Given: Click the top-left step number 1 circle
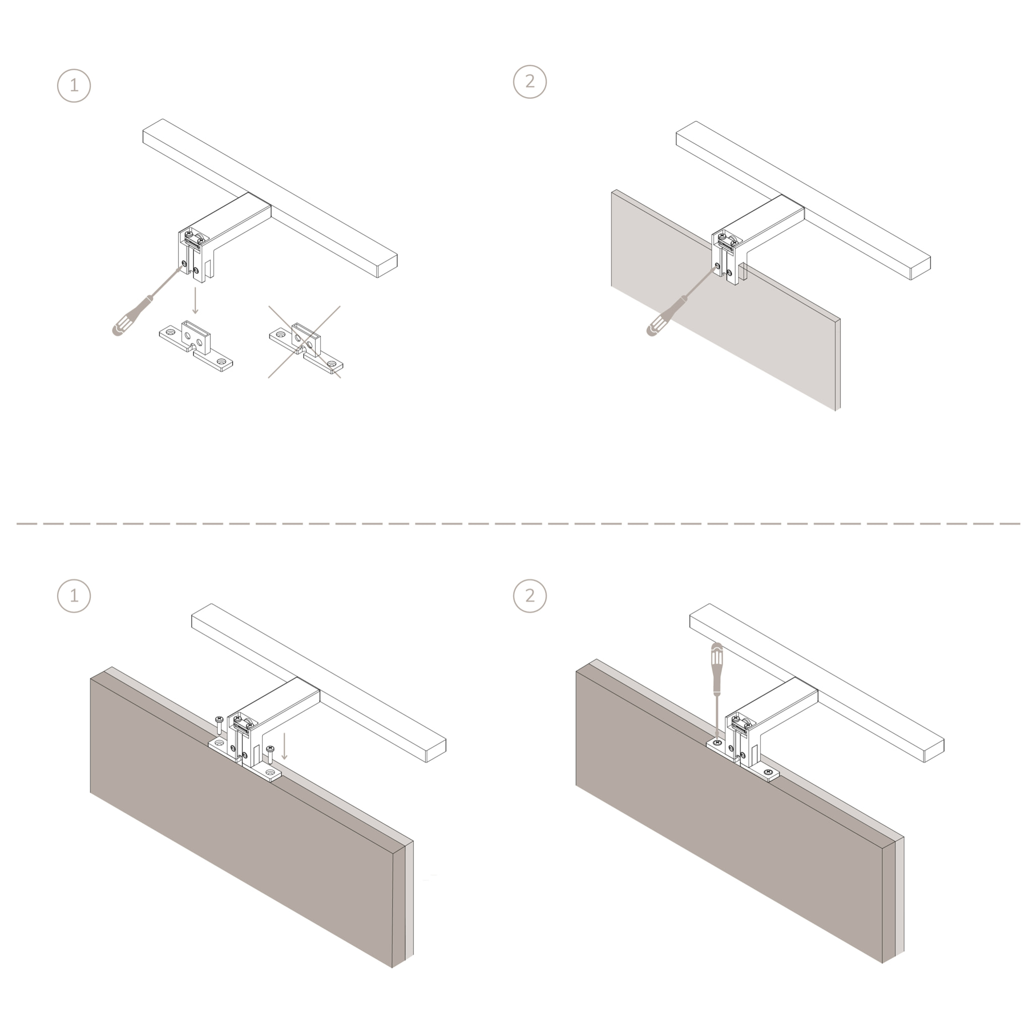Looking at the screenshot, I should [74, 86].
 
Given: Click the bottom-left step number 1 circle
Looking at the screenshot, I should [74, 596].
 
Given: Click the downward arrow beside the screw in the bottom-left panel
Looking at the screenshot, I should [284, 747].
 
